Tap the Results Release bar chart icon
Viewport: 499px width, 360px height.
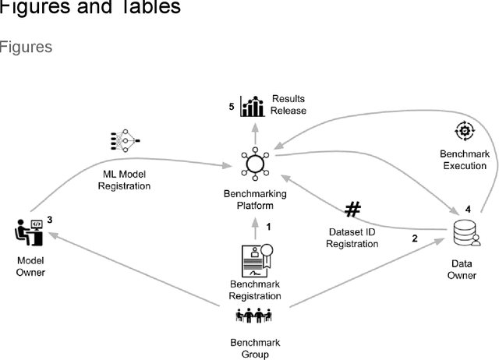[x=253, y=105]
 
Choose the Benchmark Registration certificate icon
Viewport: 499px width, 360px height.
[x=254, y=260]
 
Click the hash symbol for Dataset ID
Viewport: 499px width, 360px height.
[x=353, y=210]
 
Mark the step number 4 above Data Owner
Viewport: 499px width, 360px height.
[x=468, y=209]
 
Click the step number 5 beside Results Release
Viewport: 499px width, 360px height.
[x=232, y=105]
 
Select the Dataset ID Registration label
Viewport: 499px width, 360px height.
[x=353, y=238]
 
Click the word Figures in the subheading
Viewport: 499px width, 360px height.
[x=26, y=47]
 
